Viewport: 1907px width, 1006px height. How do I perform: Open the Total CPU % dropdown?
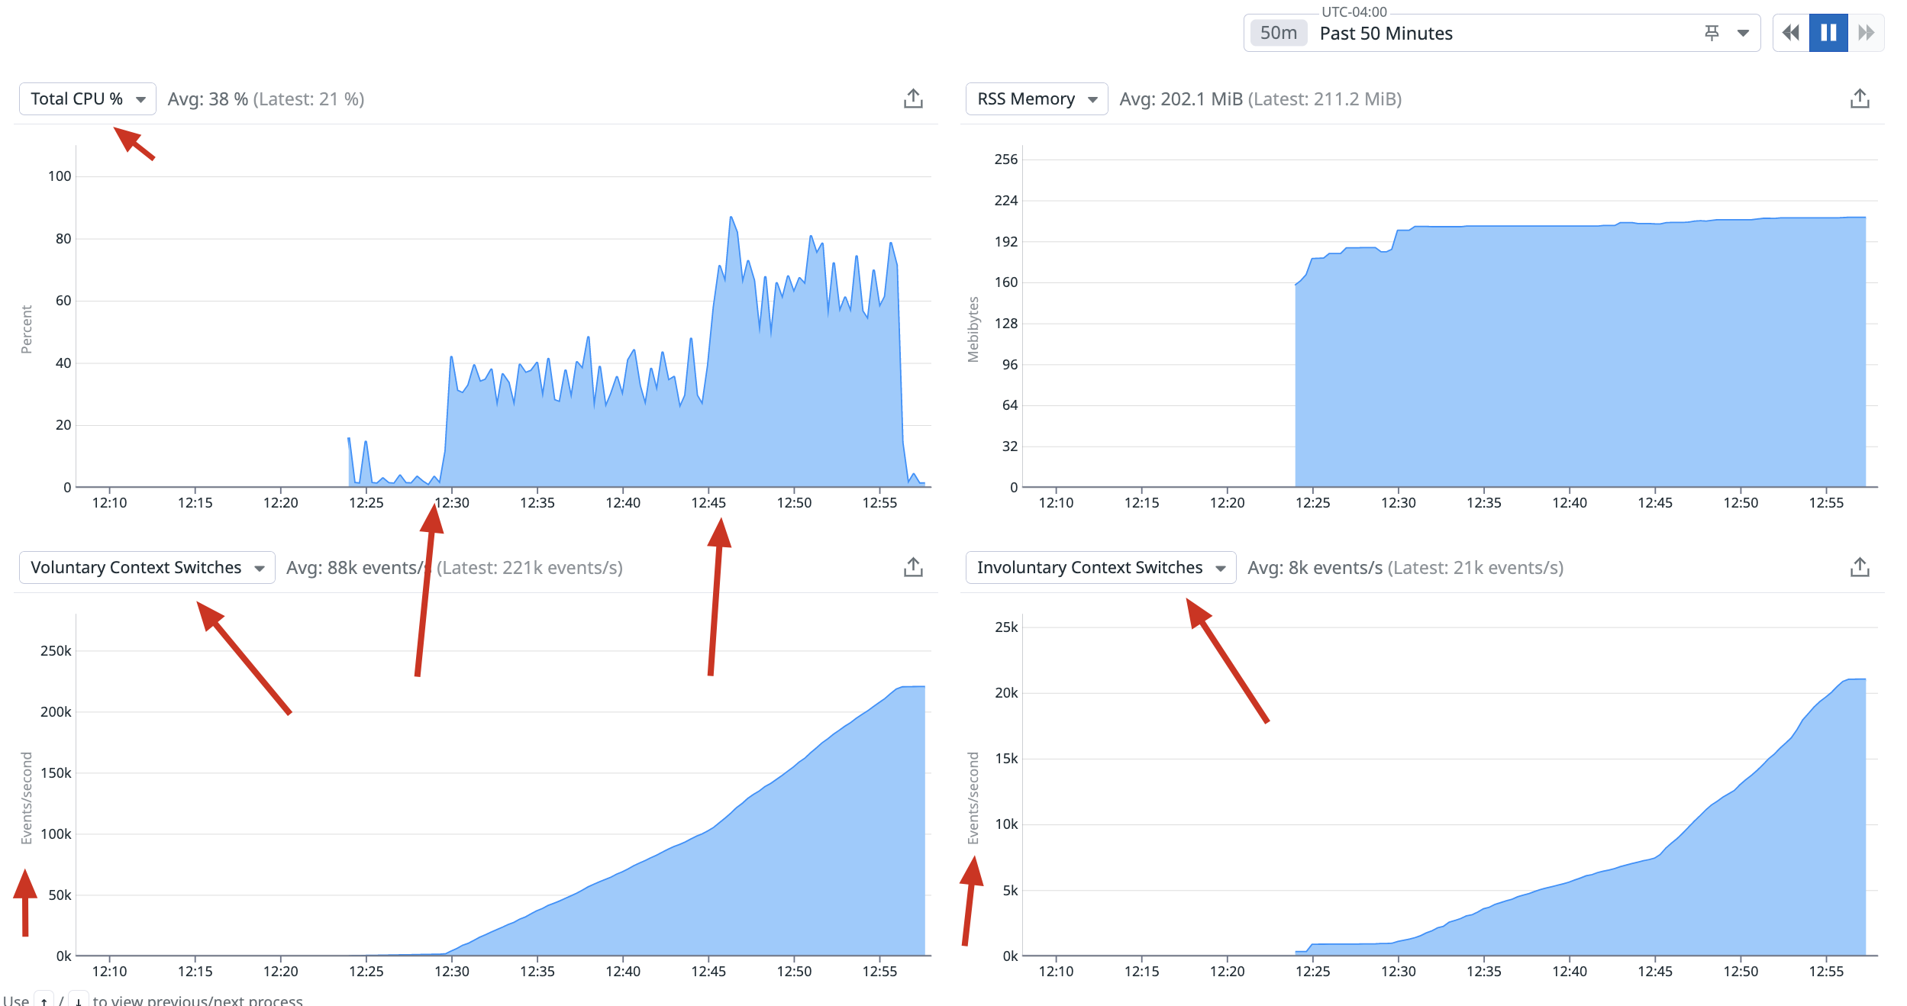87,99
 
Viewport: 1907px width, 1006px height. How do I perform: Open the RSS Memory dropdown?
1036,99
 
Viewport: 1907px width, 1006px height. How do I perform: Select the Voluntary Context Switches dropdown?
147,568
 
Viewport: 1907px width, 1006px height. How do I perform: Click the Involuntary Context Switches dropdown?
1099,568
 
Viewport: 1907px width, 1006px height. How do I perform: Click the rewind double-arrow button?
1790,33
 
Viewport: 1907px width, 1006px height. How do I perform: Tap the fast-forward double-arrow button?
1866,33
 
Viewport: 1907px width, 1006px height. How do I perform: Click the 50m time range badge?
1279,34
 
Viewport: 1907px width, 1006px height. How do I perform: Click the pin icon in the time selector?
1712,33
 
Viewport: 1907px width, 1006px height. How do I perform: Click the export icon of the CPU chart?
913,99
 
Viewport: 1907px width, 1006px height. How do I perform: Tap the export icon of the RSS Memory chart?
1860,99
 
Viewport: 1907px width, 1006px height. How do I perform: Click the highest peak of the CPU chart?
731,218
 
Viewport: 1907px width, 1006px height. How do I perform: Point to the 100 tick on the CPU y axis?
60,176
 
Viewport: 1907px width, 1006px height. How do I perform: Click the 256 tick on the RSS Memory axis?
1005,160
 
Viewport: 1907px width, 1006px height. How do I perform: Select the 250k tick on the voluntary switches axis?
56,651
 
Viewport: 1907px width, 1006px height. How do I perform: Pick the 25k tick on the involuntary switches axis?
1006,627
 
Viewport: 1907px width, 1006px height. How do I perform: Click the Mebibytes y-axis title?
973,329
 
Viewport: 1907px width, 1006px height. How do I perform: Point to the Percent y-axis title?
27,329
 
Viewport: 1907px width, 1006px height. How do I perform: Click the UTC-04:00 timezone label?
1354,12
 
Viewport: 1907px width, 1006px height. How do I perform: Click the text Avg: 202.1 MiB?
1180,99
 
